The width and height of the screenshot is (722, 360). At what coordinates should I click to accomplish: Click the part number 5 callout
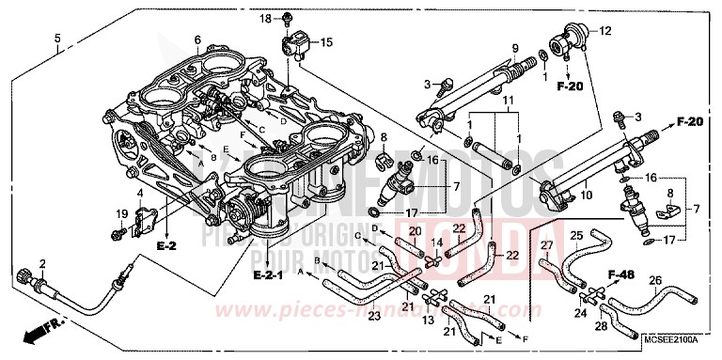[x=57, y=39]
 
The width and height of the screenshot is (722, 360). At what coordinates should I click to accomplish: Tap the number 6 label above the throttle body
[x=197, y=39]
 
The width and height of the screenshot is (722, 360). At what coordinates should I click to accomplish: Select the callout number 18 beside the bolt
[x=265, y=19]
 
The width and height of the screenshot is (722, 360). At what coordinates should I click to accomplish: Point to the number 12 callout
[x=605, y=31]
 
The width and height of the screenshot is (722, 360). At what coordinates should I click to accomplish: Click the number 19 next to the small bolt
[x=120, y=213]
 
